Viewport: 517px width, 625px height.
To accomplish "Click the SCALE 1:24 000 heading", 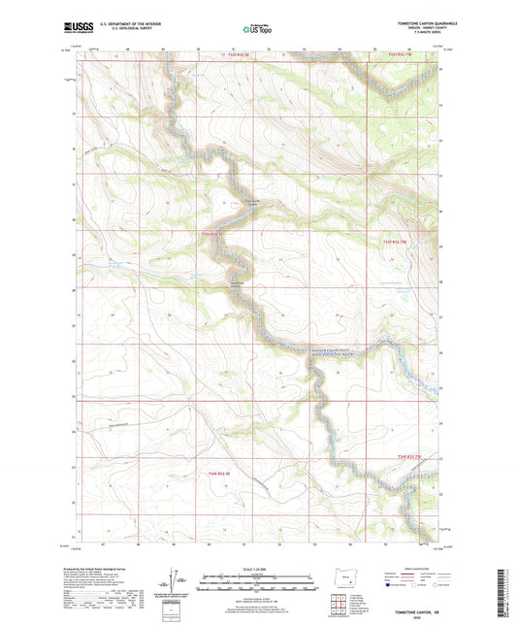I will coord(257,567).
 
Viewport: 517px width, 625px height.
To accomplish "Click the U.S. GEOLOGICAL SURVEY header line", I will coord(113,33).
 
